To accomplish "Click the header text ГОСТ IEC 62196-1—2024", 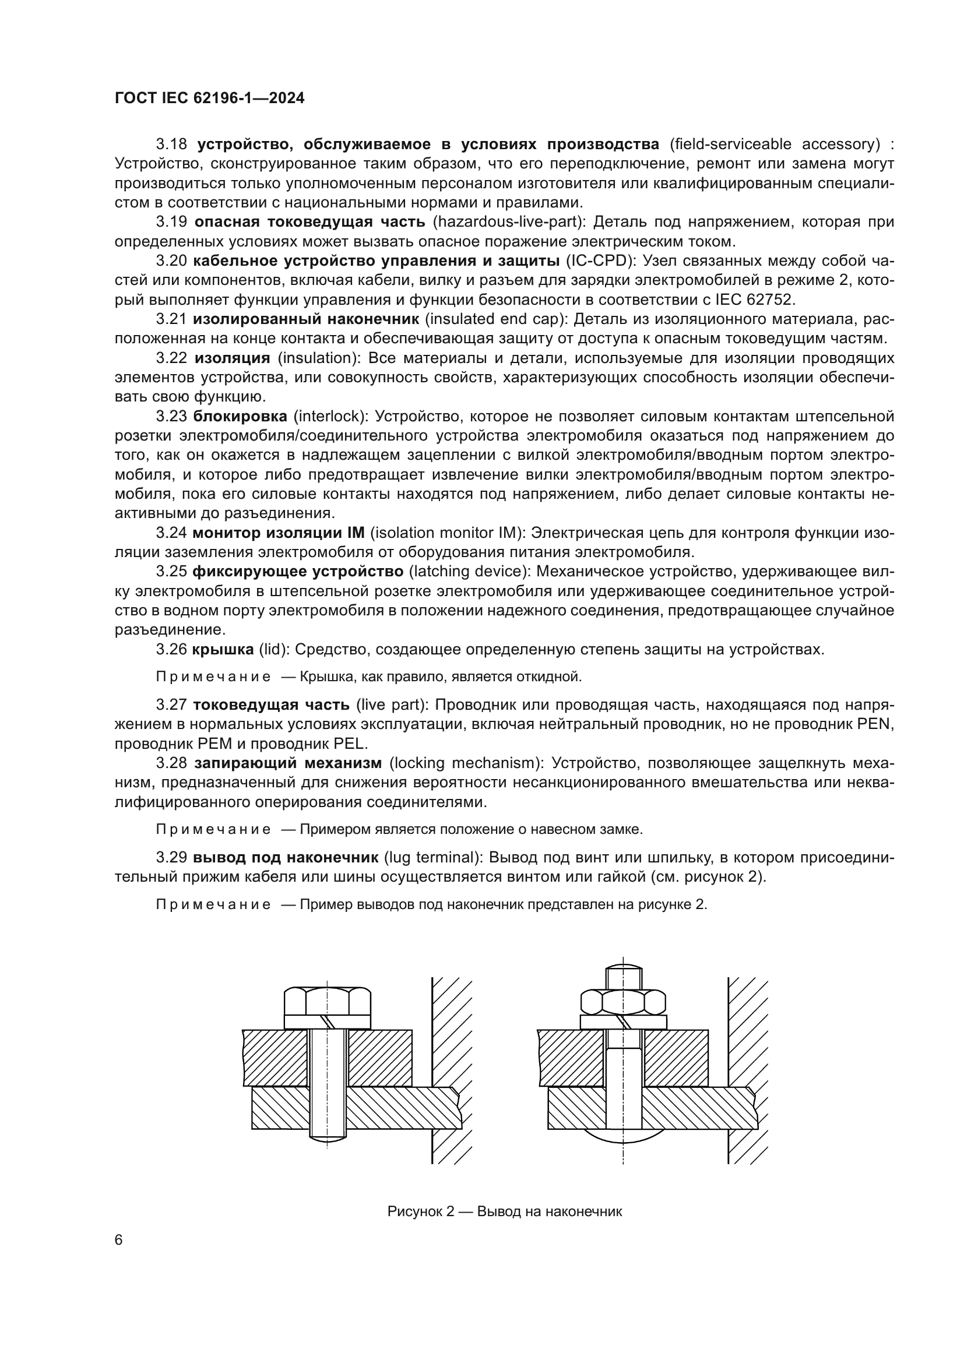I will [x=209, y=98].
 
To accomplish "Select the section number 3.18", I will [x=171, y=145].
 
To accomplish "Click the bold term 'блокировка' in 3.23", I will [x=240, y=416].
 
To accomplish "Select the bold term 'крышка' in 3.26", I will [x=223, y=649].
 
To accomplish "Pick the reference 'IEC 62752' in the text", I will [x=764, y=300].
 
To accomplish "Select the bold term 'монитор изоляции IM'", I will [x=279, y=533].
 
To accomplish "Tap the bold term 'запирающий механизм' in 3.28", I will [x=288, y=763].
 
